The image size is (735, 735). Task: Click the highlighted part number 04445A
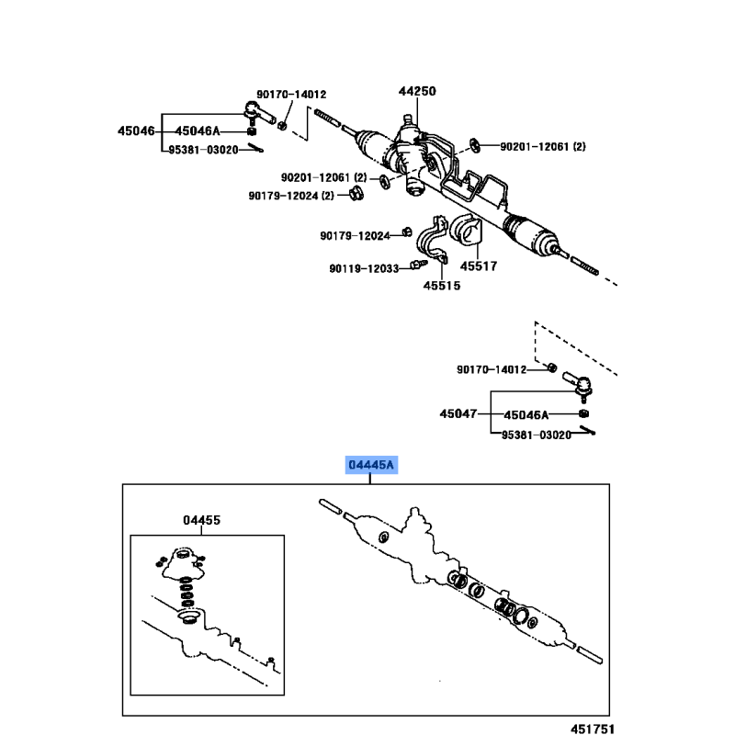point(371,465)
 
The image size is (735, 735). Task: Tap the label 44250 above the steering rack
point(417,91)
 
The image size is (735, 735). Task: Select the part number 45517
point(479,266)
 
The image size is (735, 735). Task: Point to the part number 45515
point(442,286)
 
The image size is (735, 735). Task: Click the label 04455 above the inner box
point(201,520)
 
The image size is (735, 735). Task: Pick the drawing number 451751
point(593,729)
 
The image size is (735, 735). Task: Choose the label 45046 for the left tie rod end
point(136,130)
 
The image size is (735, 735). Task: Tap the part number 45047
point(458,413)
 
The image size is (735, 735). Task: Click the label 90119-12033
point(364,268)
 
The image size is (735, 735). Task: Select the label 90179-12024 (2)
point(291,196)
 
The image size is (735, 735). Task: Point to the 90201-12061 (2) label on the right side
point(543,147)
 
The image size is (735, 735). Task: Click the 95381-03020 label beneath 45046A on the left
point(203,150)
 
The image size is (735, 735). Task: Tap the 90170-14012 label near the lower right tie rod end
point(492,370)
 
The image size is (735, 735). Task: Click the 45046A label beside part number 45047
point(526,415)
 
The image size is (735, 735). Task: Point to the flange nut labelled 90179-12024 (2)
point(356,193)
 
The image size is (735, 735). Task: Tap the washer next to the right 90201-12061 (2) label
point(475,145)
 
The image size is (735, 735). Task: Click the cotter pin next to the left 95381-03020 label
point(255,148)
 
